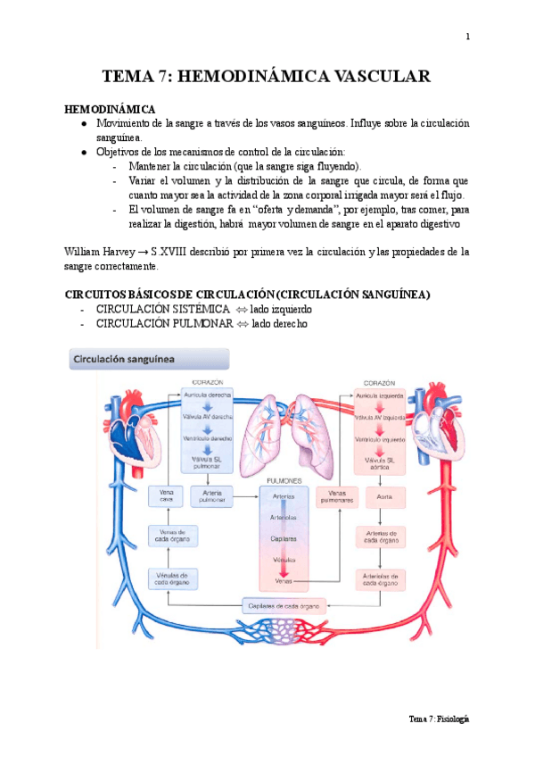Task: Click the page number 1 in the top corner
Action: tap(467, 37)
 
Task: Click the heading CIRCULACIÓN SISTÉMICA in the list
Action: tap(157, 309)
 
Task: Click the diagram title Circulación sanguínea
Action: tap(123, 360)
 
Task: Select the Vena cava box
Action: tap(166, 495)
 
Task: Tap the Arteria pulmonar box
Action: tap(213, 495)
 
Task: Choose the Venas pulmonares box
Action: tap(336, 495)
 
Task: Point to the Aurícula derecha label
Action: tap(212, 395)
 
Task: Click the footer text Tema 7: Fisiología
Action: tap(439, 719)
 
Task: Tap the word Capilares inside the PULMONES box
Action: tap(284, 539)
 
